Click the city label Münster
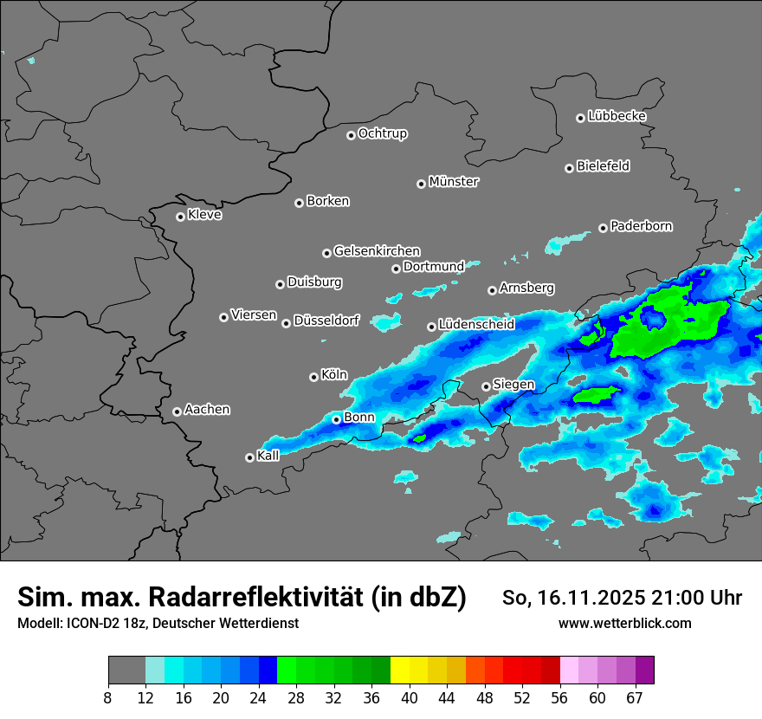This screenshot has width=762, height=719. click(454, 182)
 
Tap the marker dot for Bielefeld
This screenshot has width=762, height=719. click(570, 168)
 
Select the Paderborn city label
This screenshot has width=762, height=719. click(642, 226)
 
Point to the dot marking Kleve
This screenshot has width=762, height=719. click(181, 217)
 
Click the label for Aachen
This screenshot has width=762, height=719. click(207, 410)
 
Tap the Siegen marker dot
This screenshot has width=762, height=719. click(486, 386)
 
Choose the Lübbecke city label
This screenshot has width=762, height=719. click(617, 116)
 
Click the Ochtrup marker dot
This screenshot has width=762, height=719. click(352, 135)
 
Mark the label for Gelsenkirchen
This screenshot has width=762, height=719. click(377, 251)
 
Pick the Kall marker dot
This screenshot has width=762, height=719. click(250, 457)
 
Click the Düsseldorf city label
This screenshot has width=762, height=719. click(326, 321)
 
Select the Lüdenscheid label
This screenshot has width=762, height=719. click(476, 325)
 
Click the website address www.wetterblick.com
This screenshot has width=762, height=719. click(624, 624)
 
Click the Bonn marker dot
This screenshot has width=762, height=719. click(337, 419)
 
